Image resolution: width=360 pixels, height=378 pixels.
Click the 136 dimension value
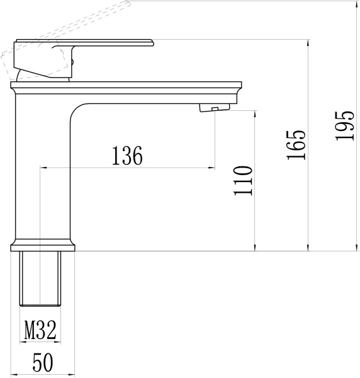tap(128, 155)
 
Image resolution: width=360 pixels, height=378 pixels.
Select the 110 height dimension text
tap(242, 181)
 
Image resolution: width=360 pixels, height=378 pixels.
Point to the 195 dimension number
tap(345, 125)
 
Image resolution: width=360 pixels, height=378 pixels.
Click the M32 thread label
tap(41, 328)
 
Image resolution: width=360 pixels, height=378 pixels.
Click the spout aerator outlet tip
tap(214, 109)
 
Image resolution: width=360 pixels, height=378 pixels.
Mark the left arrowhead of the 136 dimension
tap(43, 168)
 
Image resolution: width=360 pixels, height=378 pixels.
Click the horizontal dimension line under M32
tap(41, 342)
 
